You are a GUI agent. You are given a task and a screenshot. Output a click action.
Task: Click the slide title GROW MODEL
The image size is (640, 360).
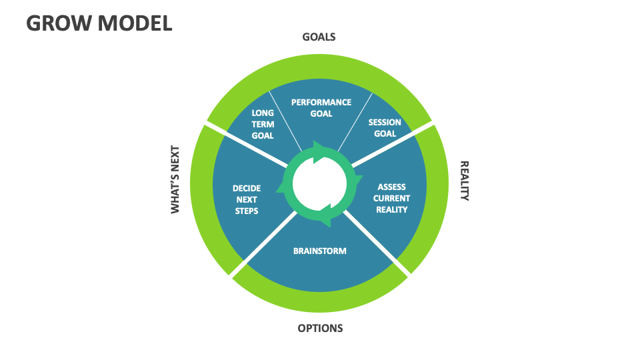point(99,23)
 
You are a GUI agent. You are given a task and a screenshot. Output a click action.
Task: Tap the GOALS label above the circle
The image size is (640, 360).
point(319,37)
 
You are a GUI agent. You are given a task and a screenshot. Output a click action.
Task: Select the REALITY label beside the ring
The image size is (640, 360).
point(465,180)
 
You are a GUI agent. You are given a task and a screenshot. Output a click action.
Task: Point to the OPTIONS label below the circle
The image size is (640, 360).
point(320,328)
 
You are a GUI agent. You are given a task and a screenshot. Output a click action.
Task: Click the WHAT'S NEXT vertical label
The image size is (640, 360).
point(175,179)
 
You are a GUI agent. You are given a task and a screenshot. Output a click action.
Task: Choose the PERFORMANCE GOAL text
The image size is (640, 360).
point(321,108)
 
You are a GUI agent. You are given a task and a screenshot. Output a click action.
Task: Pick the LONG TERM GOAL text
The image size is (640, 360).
point(263,124)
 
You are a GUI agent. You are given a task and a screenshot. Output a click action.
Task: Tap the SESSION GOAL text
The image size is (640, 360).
point(385,128)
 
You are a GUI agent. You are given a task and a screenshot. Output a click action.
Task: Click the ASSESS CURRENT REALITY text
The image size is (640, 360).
point(391,198)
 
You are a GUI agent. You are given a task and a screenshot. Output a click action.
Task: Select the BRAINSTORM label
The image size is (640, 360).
point(320,251)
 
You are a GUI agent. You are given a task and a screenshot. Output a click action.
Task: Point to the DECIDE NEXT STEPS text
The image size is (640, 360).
point(247,199)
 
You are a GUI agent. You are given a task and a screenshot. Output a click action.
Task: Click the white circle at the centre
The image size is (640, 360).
point(319,183)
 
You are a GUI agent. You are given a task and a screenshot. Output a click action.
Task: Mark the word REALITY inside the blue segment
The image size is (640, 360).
point(391,209)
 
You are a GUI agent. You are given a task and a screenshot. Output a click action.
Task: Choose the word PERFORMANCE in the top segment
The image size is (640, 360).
point(321,102)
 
